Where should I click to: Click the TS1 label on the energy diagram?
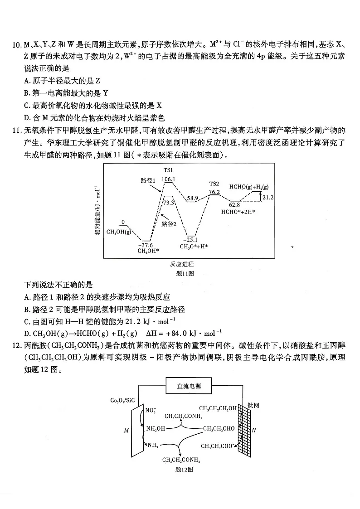click(168, 170)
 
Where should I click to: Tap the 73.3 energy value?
click(169, 203)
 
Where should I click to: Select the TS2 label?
click(214, 184)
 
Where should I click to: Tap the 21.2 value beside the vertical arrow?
click(268, 197)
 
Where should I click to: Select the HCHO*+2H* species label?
click(237, 212)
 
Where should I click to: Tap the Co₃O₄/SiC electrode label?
click(122, 400)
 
